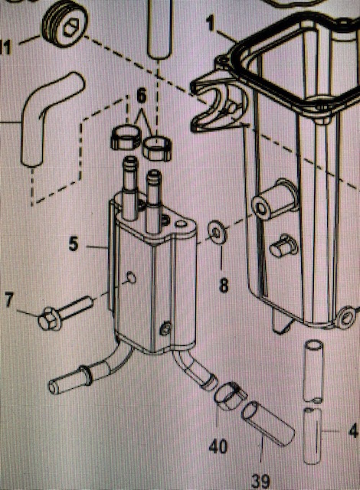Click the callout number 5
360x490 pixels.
[74, 243]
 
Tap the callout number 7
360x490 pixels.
[9, 299]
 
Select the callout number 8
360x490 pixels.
[224, 285]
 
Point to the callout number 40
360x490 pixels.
[218, 446]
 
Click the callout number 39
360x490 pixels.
[260, 482]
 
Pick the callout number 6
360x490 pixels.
[142, 96]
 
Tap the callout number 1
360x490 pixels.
[211, 24]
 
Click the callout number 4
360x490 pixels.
[353, 431]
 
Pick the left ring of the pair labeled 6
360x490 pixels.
[126, 137]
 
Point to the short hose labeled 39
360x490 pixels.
[268, 424]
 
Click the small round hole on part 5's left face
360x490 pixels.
[131, 277]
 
